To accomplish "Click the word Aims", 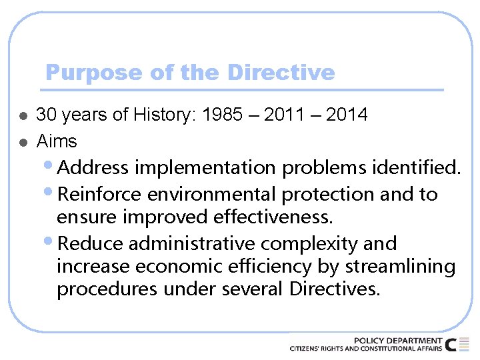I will coord(57,141).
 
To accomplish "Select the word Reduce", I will coord(91,243).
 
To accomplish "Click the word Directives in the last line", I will coord(335,290).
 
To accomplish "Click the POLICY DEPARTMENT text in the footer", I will coord(397,340).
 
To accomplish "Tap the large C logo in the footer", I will coord(452,344).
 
